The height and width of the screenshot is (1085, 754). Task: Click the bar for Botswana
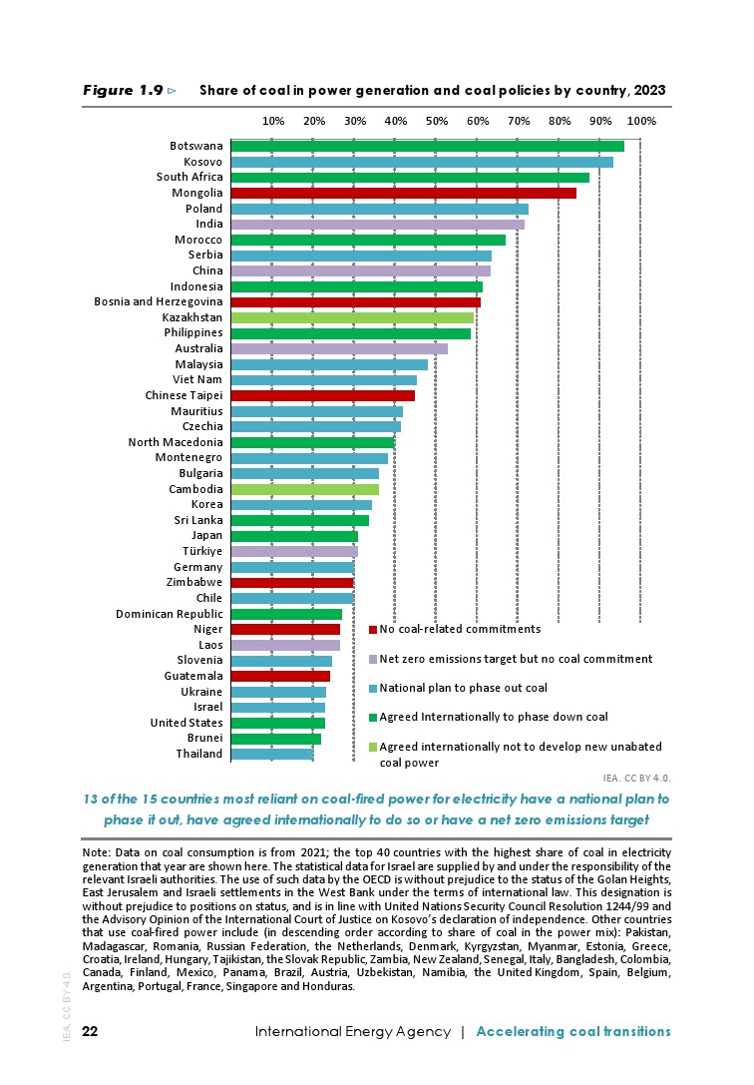427,146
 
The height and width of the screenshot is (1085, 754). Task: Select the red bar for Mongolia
403,193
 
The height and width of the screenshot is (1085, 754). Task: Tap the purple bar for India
377,224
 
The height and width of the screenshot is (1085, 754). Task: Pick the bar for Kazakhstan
352,317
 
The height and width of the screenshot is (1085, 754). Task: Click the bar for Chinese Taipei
322,395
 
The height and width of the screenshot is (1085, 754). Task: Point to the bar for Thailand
271,754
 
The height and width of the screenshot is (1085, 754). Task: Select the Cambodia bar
304,489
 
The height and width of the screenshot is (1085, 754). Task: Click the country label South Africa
189,177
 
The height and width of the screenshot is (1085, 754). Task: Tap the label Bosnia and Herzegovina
159,301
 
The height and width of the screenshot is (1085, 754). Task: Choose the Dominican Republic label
170,614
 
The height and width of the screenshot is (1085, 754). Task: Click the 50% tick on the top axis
437,121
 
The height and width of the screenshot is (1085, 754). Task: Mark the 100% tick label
641,121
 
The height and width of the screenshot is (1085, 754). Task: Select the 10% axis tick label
273,121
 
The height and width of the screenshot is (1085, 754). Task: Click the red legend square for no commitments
373,630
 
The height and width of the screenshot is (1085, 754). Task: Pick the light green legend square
373,747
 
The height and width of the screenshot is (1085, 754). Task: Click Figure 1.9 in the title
123,90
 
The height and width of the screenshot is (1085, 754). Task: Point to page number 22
90,1031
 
